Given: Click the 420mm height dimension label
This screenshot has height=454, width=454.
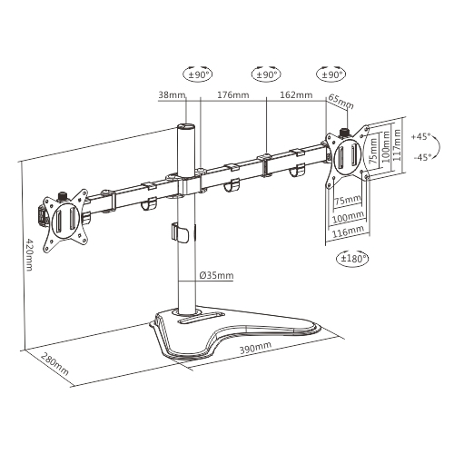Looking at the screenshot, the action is pyautogui.click(x=28, y=254).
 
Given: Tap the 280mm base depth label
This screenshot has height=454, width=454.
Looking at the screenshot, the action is pyautogui.click(x=54, y=363).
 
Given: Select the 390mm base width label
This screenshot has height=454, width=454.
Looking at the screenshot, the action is pyautogui.click(x=255, y=348).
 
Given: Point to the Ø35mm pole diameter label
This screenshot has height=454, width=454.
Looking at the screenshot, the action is pyautogui.click(x=217, y=275).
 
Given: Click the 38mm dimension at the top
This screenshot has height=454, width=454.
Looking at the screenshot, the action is pyautogui.click(x=172, y=94).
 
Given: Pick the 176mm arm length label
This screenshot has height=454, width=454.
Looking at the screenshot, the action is pyautogui.click(x=233, y=94).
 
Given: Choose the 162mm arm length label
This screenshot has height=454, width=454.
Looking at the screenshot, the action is pyautogui.click(x=296, y=94).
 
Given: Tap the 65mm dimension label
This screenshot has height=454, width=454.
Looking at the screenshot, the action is pyautogui.click(x=340, y=102).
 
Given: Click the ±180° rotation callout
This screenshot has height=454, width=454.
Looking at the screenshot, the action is pyautogui.click(x=353, y=259).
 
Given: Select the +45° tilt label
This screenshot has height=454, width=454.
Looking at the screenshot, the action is pyautogui.click(x=420, y=136).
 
